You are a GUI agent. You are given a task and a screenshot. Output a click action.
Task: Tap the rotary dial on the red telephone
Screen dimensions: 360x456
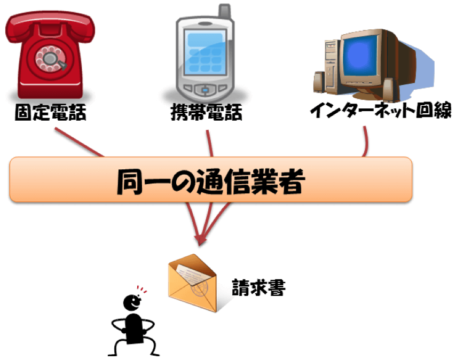[x=50, y=57]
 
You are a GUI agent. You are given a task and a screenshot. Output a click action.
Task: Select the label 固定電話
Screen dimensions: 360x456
[x=51, y=112]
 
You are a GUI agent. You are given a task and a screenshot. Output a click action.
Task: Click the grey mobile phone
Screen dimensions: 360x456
[x=206, y=56]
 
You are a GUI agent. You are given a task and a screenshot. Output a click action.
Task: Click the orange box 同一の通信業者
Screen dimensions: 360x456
[x=211, y=179]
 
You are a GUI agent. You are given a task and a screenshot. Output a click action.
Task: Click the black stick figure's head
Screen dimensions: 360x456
[x=131, y=303]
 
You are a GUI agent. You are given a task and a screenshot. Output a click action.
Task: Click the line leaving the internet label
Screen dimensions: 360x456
[x=366, y=142]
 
